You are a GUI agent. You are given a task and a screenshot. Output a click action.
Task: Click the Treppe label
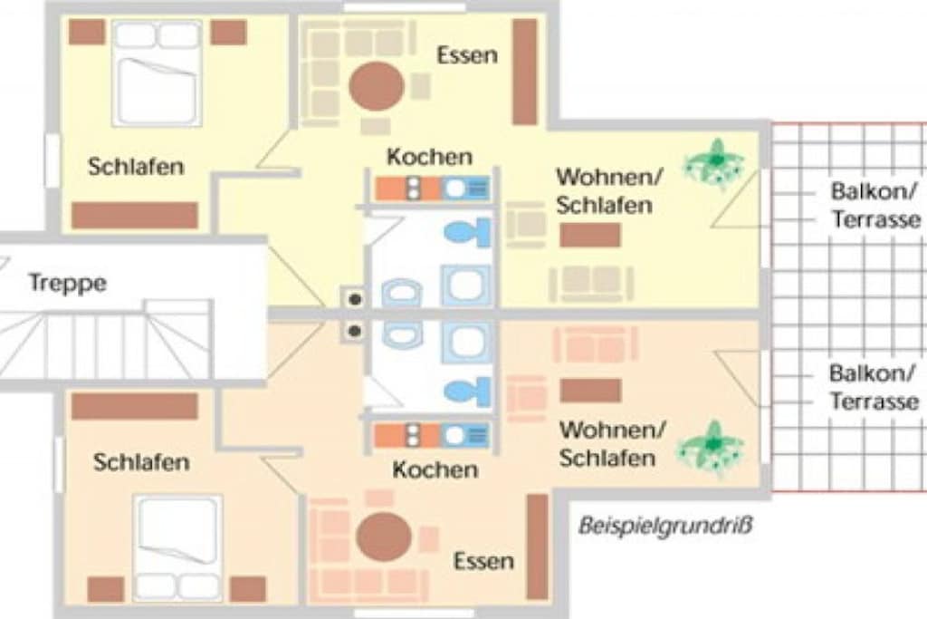point(68,283)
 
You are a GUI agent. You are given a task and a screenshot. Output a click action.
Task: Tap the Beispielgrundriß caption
point(665,526)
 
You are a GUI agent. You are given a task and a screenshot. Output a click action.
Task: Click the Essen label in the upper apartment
point(467,55)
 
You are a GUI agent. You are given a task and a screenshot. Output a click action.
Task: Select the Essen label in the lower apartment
point(483,560)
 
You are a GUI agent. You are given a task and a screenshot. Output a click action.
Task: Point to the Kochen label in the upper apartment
point(430,157)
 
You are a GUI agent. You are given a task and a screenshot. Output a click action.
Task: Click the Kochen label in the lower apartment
point(435,469)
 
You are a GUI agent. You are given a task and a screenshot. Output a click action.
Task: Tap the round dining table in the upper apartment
point(377,86)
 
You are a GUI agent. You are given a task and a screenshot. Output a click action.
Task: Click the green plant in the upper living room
point(714,164)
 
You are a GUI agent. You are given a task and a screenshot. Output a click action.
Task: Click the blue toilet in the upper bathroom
point(468,233)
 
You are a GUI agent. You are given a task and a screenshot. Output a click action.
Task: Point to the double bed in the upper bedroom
point(158,73)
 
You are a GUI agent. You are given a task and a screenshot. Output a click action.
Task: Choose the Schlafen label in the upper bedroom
point(136,166)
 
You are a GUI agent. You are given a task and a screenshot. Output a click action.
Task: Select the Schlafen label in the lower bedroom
point(141,462)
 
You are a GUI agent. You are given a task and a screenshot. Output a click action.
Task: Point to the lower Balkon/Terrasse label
point(874,387)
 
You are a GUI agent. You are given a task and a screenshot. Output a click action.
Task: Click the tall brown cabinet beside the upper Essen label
point(524,72)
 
